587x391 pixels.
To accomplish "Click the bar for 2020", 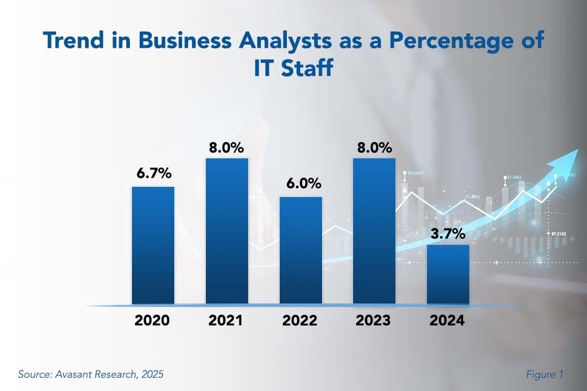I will tap(153, 245).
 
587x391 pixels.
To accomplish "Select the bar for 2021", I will tap(227, 231).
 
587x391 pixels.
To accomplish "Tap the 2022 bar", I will tap(301, 250).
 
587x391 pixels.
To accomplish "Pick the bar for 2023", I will tap(375, 231).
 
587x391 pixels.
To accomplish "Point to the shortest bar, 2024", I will tap(448, 274).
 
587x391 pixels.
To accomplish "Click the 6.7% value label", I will tap(153, 173).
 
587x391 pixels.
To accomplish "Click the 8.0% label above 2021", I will tap(227, 148).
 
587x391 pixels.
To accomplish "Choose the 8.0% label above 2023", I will tap(375, 148).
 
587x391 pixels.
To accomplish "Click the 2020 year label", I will tap(152, 321).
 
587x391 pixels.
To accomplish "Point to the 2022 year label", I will tap(300, 321).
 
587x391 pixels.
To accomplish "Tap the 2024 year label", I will tap(447, 321).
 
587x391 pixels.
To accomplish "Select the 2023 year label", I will tap(373, 321).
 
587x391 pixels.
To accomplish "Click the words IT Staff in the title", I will tap(293, 68).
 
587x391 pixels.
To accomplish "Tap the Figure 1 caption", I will tap(544, 375).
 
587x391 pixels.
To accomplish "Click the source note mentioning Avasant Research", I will tap(91, 375).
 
